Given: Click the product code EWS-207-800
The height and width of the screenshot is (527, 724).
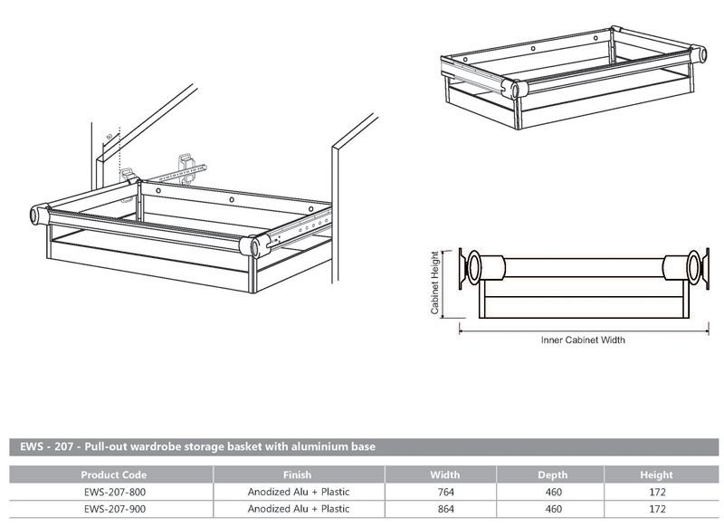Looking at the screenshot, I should pyautogui.click(x=113, y=492).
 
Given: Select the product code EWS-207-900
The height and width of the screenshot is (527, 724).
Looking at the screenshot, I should pyautogui.click(x=113, y=508).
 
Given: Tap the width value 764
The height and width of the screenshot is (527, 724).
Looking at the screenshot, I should pyautogui.click(x=444, y=492).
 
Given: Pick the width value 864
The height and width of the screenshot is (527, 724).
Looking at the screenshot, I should pyautogui.click(x=444, y=508).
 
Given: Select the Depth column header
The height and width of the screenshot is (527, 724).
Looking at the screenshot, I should pyautogui.click(x=553, y=474).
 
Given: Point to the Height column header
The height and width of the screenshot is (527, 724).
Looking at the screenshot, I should pyautogui.click(x=657, y=474).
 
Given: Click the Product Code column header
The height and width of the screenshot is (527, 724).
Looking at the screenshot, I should pyautogui.click(x=113, y=474).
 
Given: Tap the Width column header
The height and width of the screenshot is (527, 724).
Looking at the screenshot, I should pyautogui.click(x=444, y=474).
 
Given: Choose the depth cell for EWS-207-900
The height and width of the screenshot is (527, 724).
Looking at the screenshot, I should pyautogui.click(x=553, y=508).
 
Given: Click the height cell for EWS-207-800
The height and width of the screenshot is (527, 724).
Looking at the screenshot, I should pyautogui.click(x=657, y=492).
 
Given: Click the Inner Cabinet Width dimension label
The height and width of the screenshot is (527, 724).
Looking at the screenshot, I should pyautogui.click(x=583, y=341).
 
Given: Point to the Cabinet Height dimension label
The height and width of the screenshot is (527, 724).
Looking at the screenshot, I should pyautogui.click(x=435, y=283).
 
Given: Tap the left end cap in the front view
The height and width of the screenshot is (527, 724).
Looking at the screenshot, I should pyautogui.click(x=473, y=269).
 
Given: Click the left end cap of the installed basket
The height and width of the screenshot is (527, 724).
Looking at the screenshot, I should pyautogui.click(x=39, y=215).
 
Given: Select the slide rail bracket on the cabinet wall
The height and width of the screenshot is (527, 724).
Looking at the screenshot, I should pyautogui.click(x=193, y=168).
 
